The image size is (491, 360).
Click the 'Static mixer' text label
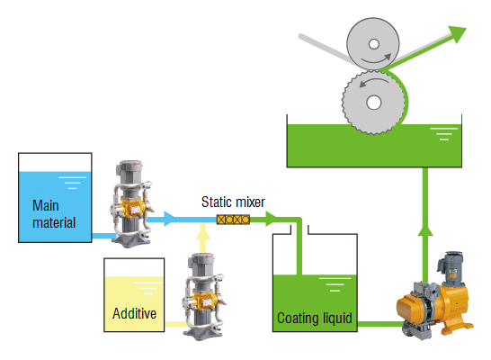233,202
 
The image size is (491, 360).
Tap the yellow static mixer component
233,220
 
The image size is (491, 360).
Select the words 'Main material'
54,214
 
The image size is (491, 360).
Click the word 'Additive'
134,313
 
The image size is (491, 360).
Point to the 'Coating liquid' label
315,319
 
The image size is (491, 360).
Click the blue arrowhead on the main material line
169,219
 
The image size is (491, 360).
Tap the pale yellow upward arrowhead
203,232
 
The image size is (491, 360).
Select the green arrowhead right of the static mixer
272,219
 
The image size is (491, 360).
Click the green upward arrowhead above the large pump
425,230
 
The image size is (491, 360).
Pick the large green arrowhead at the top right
458,34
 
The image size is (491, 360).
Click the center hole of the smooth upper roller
374,44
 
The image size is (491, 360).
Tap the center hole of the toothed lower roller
373,103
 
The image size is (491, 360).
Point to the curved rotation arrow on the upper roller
377,59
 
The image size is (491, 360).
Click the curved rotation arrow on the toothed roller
373,81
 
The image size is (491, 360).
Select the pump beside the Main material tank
131,203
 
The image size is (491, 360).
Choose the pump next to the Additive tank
203,296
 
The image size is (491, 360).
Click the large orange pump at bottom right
434,303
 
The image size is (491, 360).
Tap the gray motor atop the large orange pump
451,268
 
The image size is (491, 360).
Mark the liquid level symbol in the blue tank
72,183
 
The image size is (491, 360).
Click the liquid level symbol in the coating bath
444,134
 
